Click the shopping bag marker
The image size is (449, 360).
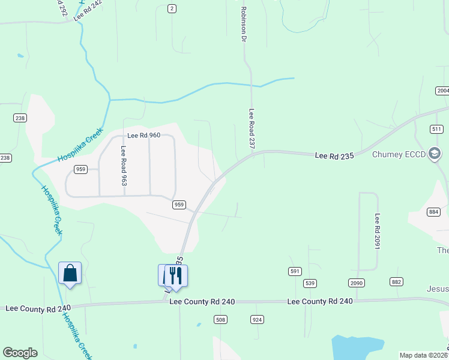[70, 273]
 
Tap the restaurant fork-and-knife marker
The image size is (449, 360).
[176, 275]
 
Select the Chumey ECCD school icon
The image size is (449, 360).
[435, 154]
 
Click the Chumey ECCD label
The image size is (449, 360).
[399, 155]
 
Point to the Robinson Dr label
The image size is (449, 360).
[244, 25]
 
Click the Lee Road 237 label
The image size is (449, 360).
[253, 128]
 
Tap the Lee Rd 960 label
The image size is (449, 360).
[143, 136]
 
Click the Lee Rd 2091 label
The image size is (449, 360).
[378, 232]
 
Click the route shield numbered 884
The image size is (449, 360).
[434, 212]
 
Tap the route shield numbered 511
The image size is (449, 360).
[436, 129]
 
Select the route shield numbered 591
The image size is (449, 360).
[294, 271]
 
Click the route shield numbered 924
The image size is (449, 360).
[258, 320]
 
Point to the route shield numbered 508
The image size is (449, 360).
[220, 320]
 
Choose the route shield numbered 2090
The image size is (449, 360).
[357, 283]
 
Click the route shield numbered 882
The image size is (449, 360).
[396, 281]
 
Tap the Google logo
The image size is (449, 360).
[20, 353]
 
